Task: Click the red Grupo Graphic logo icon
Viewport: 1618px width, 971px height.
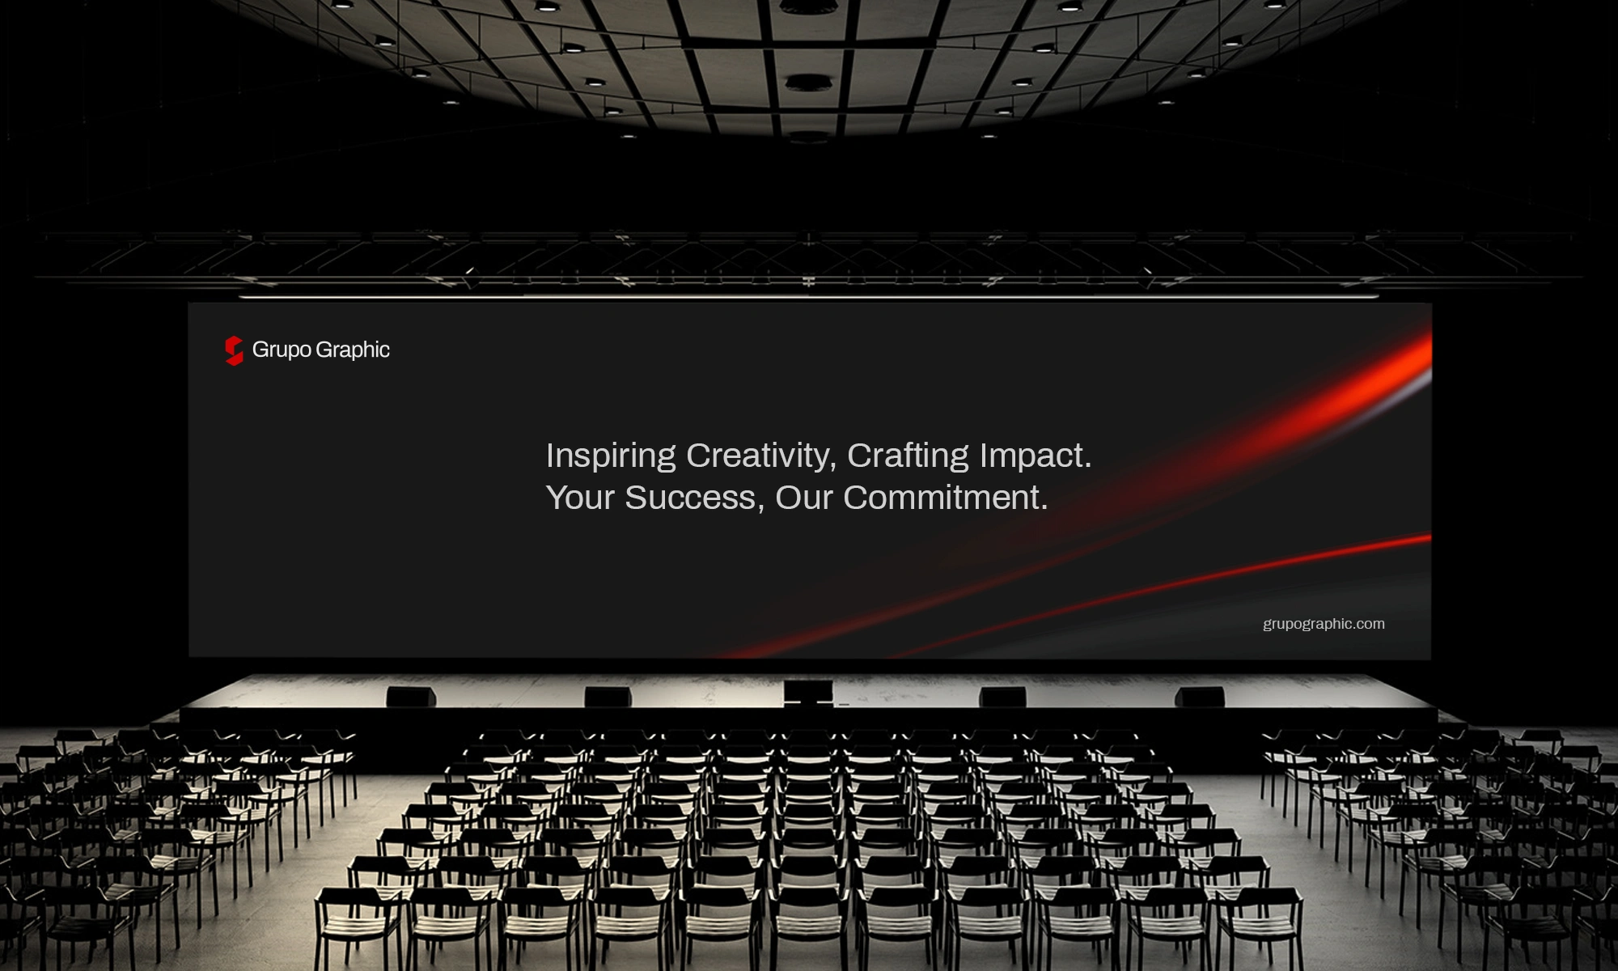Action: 234,350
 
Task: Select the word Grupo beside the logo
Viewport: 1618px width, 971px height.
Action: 282,350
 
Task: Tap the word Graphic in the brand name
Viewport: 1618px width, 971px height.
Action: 353,350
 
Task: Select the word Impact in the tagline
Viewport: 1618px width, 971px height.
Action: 1031,456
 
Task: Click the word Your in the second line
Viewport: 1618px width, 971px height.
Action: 580,498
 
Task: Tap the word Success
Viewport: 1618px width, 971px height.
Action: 690,498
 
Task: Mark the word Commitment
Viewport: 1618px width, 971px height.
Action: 942,498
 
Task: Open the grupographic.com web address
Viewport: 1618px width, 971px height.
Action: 1324,624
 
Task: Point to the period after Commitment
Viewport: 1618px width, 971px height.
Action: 1044,508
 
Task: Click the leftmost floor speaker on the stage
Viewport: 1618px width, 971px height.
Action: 411,697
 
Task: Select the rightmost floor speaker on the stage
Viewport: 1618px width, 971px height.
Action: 1199,697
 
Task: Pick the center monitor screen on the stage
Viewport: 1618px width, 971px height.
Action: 808,692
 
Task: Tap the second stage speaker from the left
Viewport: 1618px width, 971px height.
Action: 608,697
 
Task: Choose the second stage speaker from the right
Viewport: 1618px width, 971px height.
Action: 1002,697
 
